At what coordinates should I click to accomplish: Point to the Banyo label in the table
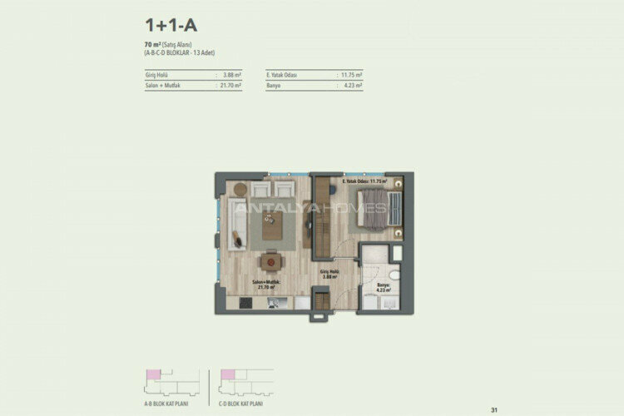(275, 85)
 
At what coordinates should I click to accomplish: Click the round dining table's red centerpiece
(270, 260)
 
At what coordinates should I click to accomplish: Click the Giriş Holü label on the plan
(330, 273)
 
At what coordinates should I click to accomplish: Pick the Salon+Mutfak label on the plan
(270, 284)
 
